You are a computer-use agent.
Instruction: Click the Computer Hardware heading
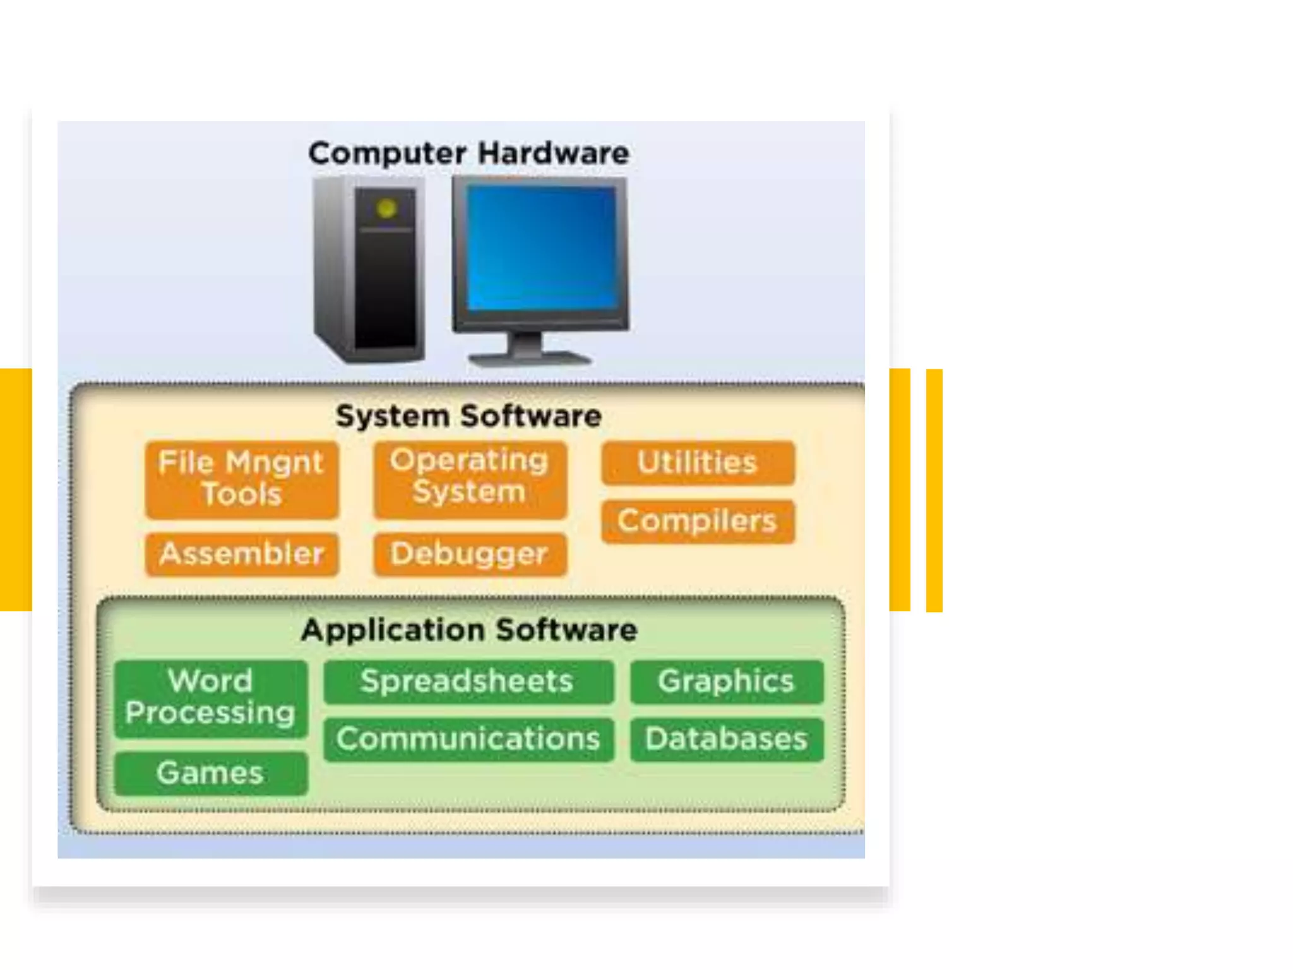tap(468, 153)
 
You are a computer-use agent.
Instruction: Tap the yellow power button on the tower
tap(386, 208)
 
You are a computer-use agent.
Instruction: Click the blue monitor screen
tap(541, 248)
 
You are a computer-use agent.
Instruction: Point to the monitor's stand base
tap(529, 358)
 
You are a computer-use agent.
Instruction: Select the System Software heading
tap(468, 416)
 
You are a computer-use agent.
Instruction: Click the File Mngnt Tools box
tap(242, 479)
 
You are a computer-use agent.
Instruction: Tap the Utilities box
tap(698, 463)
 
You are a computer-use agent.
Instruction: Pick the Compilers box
tap(698, 522)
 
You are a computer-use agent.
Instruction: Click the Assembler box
tap(242, 554)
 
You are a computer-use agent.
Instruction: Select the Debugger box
tap(470, 554)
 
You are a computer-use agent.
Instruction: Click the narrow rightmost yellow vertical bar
tap(934, 490)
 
